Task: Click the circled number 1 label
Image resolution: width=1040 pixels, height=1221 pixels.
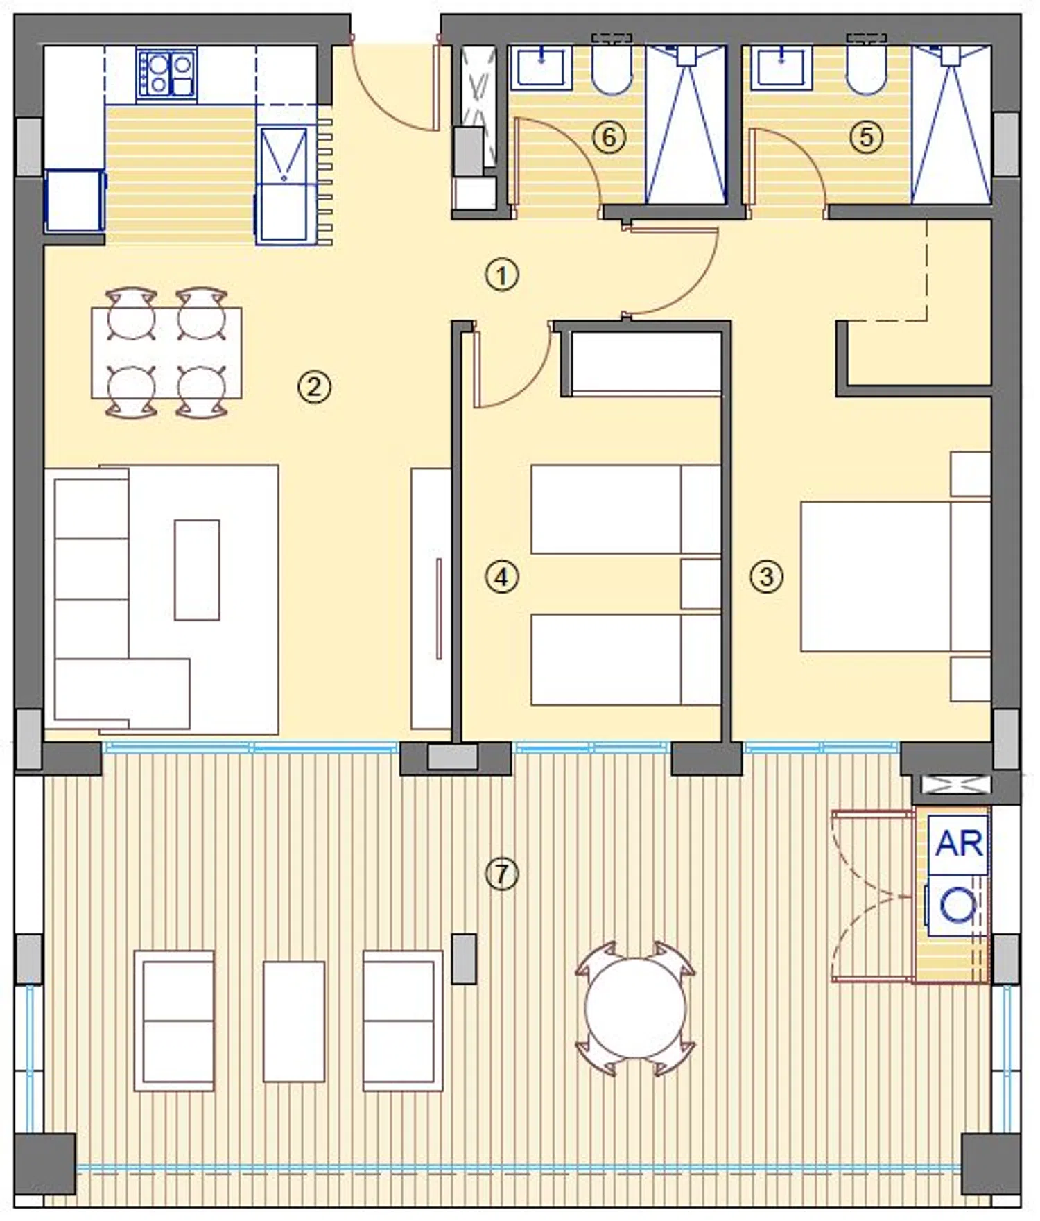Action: (x=501, y=275)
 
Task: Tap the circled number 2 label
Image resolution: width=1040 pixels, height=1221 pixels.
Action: (x=314, y=387)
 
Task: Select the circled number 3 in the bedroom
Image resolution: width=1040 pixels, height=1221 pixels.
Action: (x=766, y=576)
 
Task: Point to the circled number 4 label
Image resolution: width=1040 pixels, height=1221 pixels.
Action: (x=501, y=577)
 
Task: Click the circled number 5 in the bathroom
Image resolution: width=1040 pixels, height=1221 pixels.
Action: (x=866, y=137)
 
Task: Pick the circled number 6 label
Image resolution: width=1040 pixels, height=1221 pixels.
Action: (x=609, y=137)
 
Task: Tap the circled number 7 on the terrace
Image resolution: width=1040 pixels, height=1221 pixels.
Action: (x=501, y=874)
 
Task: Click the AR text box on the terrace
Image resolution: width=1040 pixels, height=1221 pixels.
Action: (x=958, y=844)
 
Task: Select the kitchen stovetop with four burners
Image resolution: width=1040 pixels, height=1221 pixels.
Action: (x=166, y=73)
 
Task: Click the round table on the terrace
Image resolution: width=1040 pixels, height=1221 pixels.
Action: (x=634, y=1008)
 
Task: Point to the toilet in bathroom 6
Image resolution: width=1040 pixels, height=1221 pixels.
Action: (x=612, y=67)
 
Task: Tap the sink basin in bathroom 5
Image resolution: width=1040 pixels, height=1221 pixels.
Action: (x=781, y=68)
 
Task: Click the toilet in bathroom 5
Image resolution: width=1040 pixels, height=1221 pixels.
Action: (x=867, y=67)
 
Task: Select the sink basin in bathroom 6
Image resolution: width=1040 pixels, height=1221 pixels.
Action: (x=541, y=68)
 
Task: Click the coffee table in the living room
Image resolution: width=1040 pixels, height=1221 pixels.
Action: (x=197, y=570)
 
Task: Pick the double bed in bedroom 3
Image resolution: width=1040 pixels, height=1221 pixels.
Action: (x=895, y=577)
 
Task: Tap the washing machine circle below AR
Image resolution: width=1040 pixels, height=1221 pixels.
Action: (x=957, y=906)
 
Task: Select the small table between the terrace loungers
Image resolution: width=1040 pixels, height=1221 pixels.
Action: (x=294, y=1021)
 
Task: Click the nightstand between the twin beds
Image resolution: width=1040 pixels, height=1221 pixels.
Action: (x=701, y=584)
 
